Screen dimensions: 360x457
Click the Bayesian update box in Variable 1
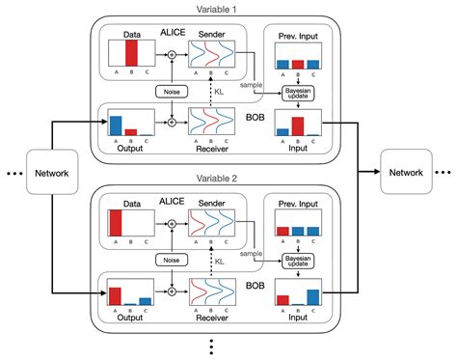(x=297, y=93)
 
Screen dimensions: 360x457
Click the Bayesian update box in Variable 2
(x=297, y=261)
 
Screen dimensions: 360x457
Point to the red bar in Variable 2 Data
(x=116, y=223)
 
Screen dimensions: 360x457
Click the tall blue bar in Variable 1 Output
(x=116, y=125)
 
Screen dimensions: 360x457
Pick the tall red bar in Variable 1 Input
(x=297, y=125)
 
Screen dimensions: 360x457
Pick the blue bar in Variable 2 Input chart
(x=312, y=296)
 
